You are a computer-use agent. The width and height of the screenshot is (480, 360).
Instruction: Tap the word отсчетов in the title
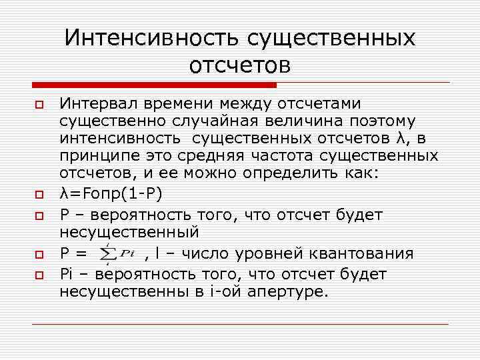tap(240, 65)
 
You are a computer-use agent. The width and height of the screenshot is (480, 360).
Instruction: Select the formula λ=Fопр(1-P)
tap(110, 194)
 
